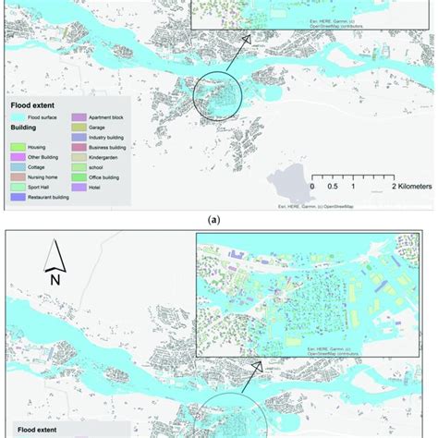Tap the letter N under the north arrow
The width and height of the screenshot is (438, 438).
pos(55,279)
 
